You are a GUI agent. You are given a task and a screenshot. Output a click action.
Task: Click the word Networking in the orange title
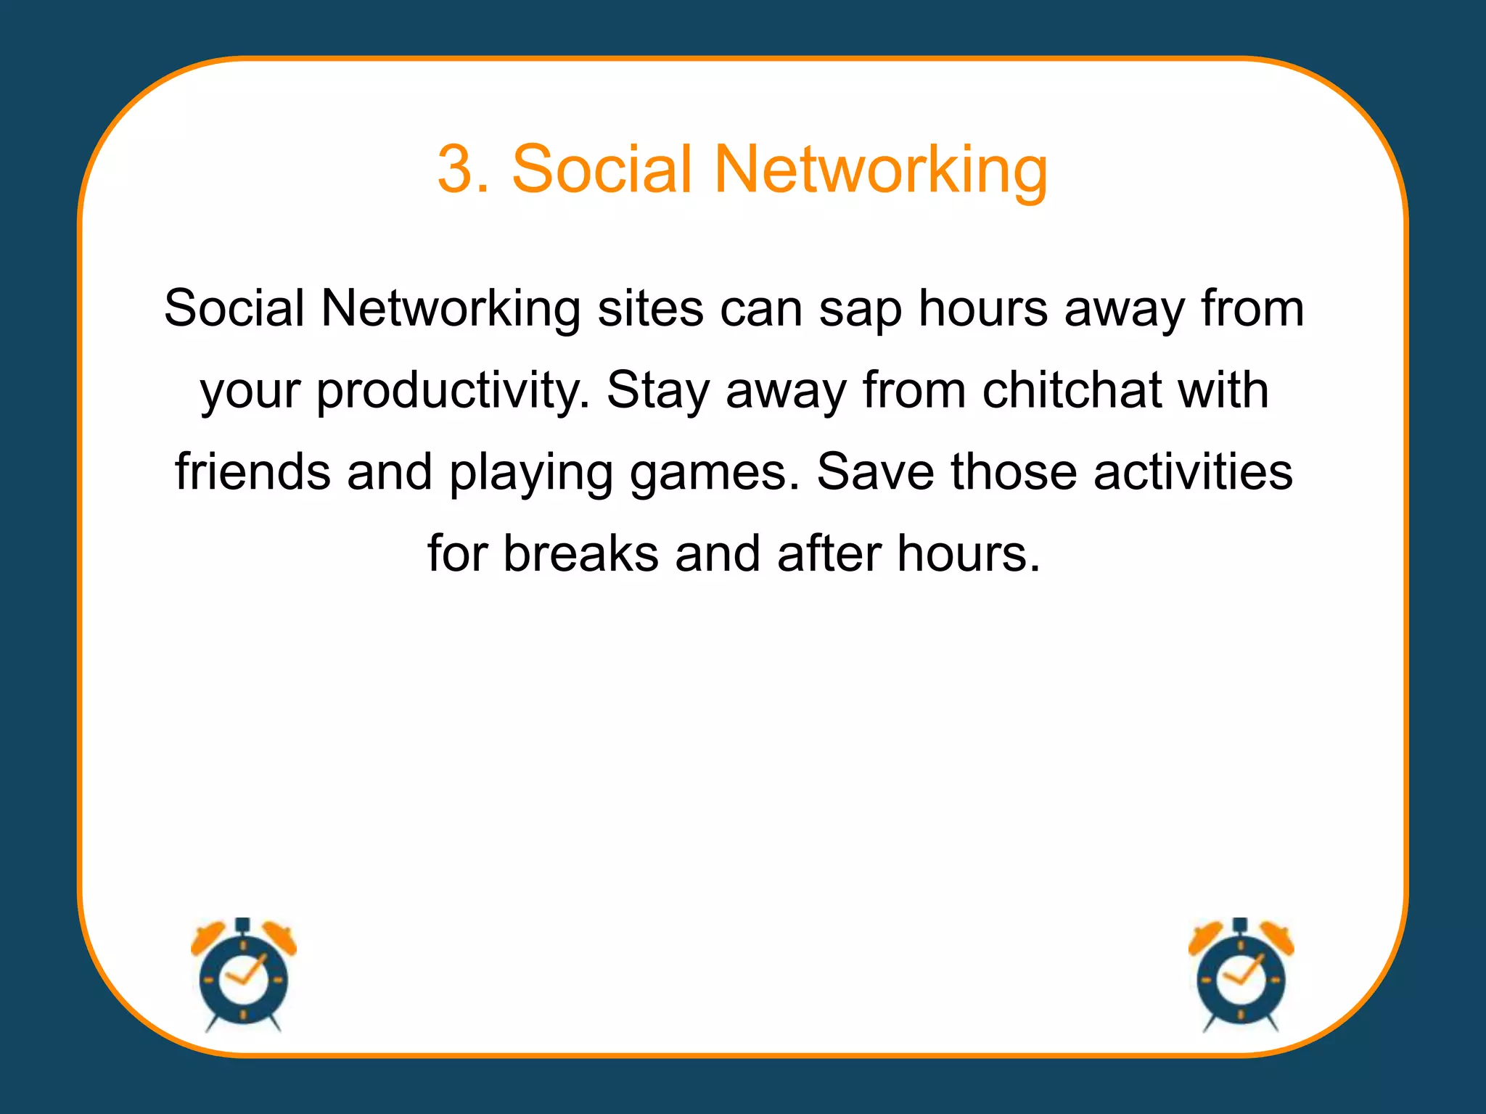pos(881,170)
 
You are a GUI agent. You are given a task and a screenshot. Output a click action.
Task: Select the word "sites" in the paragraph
pos(650,308)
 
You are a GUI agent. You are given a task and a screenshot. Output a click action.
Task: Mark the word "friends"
pos(253,472)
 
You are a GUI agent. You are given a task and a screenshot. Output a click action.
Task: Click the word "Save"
pos(875,472)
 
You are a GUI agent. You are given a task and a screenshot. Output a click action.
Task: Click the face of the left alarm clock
pos(243,980)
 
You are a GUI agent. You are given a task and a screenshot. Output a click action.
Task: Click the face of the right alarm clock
pos(1240,980)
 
